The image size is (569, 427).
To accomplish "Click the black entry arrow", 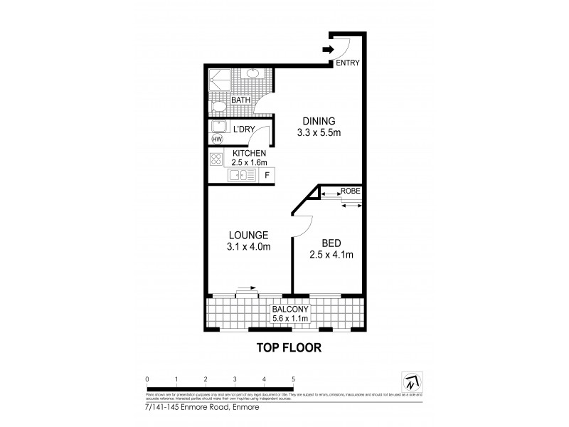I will (328, 49).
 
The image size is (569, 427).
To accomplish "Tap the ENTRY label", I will (348, 63).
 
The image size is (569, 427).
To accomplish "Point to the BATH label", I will (240, 100).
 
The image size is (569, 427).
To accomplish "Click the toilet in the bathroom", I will (219, 107).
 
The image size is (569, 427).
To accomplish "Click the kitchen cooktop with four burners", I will (216, 159).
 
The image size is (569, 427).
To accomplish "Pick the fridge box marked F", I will (267, 175).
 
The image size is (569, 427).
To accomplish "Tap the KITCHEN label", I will (249, 153).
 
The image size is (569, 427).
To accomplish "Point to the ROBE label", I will (350, 191).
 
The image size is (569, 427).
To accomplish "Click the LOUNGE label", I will (248, 235).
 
